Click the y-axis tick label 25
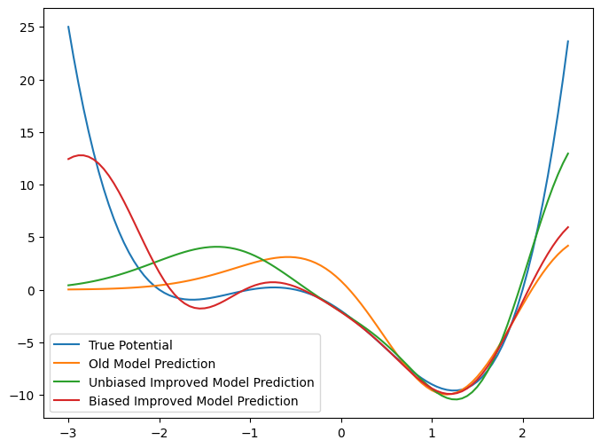point(24,27)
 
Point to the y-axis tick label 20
point(24,80)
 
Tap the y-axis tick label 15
point(24,132)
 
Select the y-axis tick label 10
point(24,185)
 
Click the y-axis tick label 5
point(27,238)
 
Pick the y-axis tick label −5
point(24,342)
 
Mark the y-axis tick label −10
point(20,396)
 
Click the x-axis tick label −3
point(67,434)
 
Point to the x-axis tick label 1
point(432,434)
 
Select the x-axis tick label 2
point(523,434)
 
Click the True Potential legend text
point(130,345)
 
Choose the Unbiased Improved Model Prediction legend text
point(201,382)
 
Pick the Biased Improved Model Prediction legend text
point(193,401)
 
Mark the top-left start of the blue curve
point(68,27)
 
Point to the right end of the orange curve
point(568,246)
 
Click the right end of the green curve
point(568,153)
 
